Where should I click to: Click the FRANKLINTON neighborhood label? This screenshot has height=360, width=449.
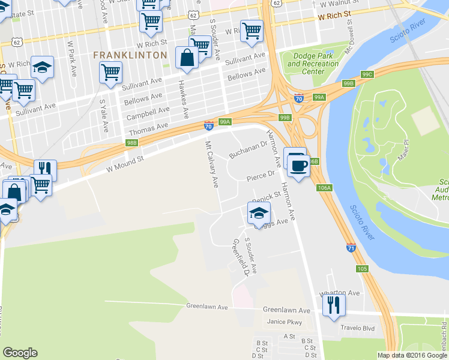[x=130, y=55]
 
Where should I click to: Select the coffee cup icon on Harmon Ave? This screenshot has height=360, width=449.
[x=298, y=165]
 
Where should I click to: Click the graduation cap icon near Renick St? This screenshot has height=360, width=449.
[x=258, y=213]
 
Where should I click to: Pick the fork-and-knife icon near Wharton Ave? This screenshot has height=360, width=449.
[x=334, y=305]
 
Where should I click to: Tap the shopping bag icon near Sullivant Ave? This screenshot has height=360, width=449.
[x=187, y=58]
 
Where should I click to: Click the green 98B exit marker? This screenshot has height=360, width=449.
[x=132, y=143]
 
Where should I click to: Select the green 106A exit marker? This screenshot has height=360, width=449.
[x=324, y=188]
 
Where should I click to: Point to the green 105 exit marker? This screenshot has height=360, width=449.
[x=361, y=268]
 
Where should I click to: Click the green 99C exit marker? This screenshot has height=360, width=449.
[x=367, y=74]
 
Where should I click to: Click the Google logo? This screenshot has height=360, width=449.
[x=20, y=353]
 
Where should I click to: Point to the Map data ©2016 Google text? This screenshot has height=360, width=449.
[x=412, y=355]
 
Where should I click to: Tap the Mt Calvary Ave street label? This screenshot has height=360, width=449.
[x=211, y=164]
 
